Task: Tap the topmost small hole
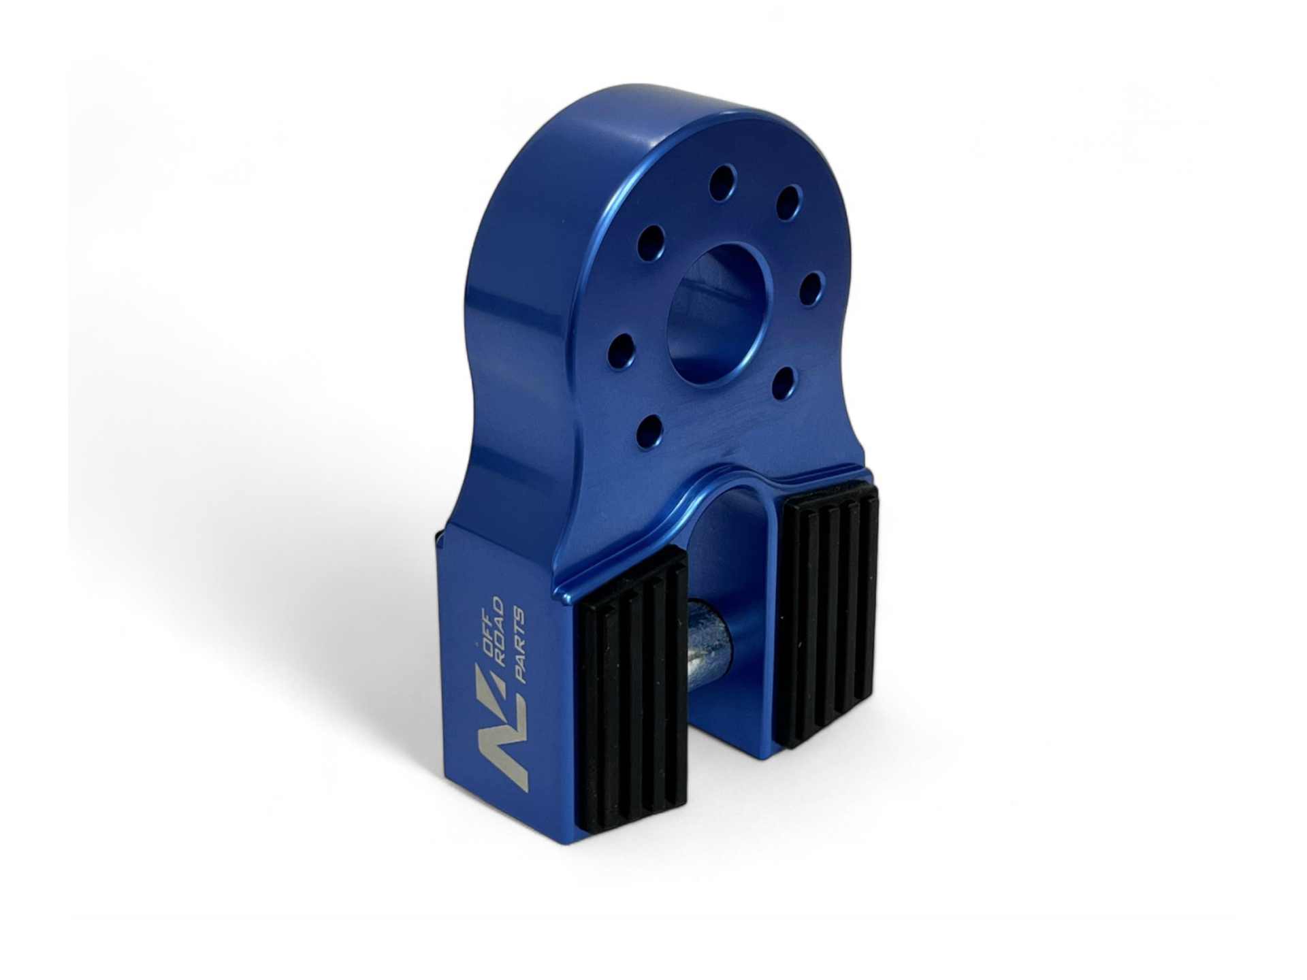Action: click(x=723, y=182)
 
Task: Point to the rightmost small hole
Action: click(x=810, y=288)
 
